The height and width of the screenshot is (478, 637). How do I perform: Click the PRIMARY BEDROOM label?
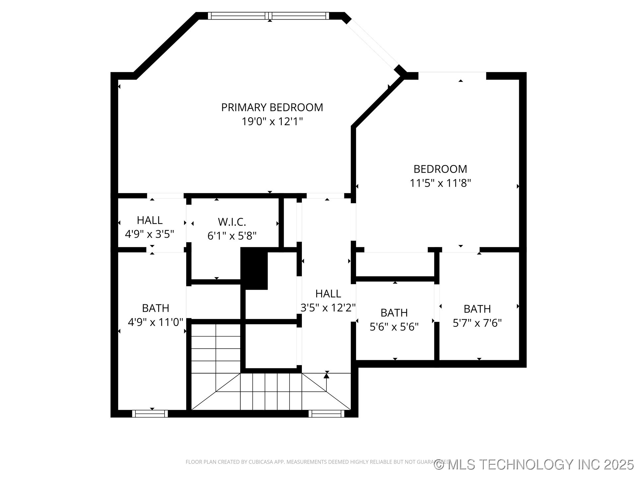pos(272,108)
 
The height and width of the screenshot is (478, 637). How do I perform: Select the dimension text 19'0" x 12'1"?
pos(272,122)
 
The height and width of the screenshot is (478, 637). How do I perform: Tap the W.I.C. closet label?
pos(232,222)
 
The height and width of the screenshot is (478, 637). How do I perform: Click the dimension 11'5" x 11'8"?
pos(440,183)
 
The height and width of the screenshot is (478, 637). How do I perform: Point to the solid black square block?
pos(254,269)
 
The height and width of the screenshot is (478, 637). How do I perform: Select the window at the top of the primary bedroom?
pos(269,16)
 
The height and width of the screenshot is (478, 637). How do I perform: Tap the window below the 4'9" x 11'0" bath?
pos(150,414)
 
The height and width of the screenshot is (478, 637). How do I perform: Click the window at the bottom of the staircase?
pos(326,414)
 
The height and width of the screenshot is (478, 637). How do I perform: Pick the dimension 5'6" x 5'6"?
pos(394,327)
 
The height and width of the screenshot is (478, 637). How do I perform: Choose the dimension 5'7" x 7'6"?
pos(477,323)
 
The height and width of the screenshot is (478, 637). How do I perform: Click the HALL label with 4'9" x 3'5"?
pos(150,220)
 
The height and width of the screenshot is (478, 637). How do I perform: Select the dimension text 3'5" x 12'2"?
pos(328,308)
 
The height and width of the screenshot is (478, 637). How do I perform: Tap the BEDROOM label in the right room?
pos(440,169)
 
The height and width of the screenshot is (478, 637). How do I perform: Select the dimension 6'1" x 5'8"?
pos(232,236)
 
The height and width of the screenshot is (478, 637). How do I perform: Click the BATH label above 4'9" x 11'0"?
pos(156,308)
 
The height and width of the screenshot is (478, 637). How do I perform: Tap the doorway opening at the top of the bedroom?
pos(452,76)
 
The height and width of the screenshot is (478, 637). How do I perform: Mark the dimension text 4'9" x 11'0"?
pos(156,322)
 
